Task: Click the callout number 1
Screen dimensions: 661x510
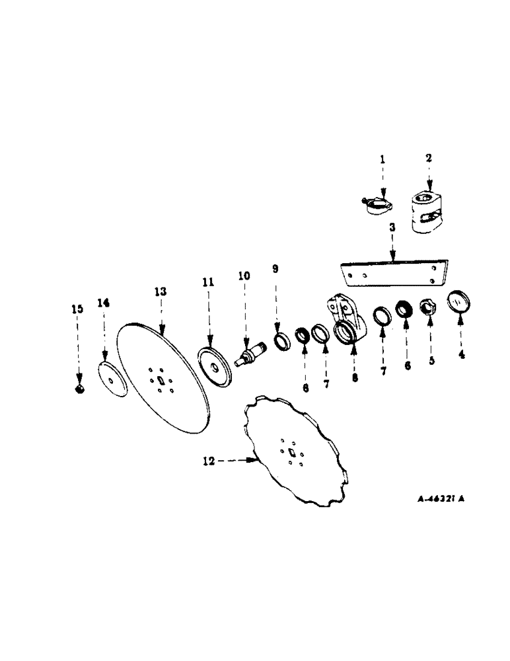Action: [x=381, y=159]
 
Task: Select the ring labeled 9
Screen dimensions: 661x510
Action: [x=280, y=342]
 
